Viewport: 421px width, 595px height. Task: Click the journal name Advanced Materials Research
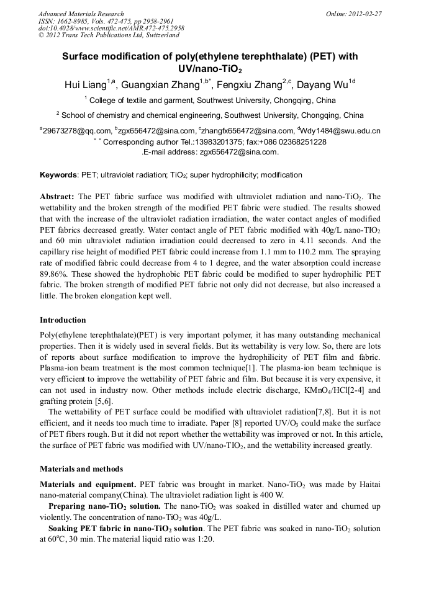(x=81, y=14)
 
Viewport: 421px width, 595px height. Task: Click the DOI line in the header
(x=111, y=28)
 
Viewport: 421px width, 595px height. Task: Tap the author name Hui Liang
(x=85, y=85)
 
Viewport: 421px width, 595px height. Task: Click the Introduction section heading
(x=63, y=320)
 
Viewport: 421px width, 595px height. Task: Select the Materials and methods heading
(x=81, y=469)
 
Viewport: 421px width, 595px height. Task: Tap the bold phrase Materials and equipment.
(x=88, y=484)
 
